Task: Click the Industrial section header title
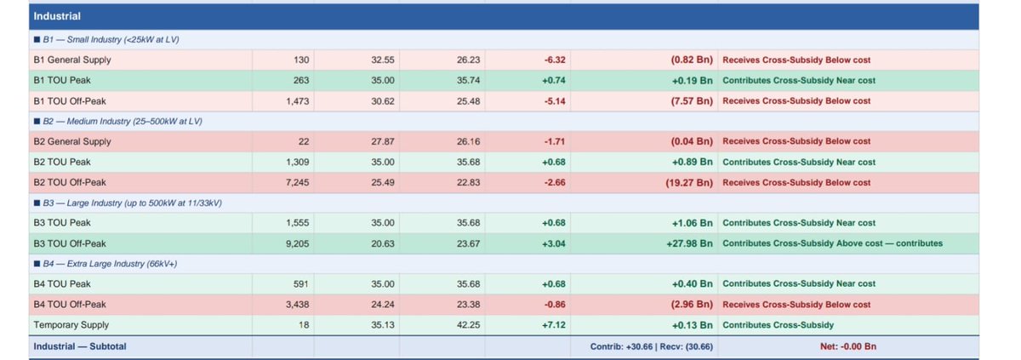57,16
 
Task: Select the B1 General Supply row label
72,60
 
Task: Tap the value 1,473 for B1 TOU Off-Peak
297,101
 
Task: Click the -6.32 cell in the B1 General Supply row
554,60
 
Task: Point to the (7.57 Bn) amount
692,101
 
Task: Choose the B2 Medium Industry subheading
123,121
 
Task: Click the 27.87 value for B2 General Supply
382,142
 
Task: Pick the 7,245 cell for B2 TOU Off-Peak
297,183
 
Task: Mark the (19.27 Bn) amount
689,183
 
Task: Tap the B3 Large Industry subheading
132,203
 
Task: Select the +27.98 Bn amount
690,243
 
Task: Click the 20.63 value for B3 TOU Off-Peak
382,243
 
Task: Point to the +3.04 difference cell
553,243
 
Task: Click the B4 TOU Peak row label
62,284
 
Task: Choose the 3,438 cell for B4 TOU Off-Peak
297,305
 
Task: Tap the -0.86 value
554,305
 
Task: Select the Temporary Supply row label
71,325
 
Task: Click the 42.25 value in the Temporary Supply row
468,325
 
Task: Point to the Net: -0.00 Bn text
847,346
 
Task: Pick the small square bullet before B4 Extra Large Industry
37,264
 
